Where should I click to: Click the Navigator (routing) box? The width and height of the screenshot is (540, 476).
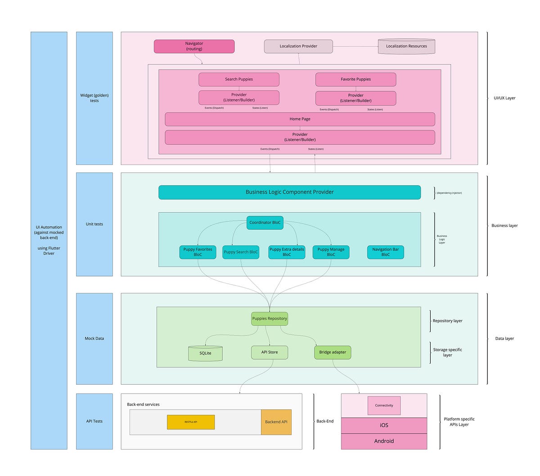pos(194,46)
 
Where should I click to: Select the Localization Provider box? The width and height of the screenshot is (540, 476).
pos(298,46)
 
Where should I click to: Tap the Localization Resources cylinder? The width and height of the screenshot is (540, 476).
pos(406,46)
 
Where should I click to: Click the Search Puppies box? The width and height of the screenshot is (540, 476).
pos(239,80)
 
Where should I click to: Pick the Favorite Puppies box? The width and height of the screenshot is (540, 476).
pos(355,80)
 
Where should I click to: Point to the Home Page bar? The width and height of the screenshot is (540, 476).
pos(300,119)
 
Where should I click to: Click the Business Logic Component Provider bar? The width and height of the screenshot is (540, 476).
pos(289,192)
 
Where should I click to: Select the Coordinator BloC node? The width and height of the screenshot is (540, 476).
pos(265,222)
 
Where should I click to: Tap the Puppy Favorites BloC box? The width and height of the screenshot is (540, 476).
pos(198,252)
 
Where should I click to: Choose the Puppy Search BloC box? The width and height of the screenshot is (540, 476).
pos(241,252)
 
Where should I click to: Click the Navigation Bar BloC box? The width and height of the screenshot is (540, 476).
pos(385,252)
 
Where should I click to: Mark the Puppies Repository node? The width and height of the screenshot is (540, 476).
pos(270,319)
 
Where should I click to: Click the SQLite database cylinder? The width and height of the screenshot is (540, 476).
pos(205,353)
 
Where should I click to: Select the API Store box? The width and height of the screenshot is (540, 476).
pos(270,352)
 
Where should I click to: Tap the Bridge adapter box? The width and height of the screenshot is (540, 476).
pos(333,352)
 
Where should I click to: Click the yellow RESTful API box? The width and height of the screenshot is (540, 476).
pos(191,422)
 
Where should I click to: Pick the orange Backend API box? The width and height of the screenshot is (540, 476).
pos(276,422)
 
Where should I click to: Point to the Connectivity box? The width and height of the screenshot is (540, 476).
pos(384,405)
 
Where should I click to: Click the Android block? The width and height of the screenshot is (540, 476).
pos(384,441)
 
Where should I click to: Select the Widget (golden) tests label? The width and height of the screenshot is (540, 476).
pos(94,98)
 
